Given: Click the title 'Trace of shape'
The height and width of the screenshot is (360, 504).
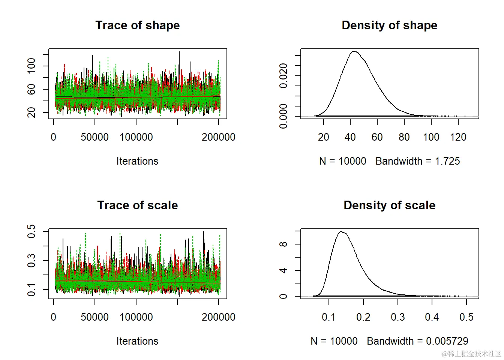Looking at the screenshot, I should coord(137,25).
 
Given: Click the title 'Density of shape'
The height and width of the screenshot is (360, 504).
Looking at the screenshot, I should coord(389,25).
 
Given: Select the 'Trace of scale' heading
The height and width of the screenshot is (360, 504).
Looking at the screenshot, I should coord(137,205).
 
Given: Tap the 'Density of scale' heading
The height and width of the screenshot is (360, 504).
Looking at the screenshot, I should coord(389,205).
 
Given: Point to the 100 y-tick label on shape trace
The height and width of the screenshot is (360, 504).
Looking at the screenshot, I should coord(31,66).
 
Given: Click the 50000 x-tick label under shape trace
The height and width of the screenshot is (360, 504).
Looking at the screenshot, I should coord(94,137).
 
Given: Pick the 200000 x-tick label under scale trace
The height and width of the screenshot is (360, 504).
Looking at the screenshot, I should coord(218,317).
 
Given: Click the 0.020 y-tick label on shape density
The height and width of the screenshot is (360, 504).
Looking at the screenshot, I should coord(283,76).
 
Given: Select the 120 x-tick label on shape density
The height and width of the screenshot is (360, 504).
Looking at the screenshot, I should coord(458,137).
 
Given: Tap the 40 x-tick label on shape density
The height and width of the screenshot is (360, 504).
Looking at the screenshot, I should coord(350,137).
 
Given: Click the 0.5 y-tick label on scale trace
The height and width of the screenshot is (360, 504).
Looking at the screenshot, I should coord(31,231).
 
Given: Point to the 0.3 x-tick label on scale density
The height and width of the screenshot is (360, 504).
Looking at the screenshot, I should coord(397,317).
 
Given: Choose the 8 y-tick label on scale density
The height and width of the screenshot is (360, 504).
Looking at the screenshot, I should coord(283,244).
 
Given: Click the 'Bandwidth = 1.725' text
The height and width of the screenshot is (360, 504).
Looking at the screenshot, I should coord(418,161).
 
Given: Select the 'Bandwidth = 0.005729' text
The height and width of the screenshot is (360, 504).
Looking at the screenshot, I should coord(418,341).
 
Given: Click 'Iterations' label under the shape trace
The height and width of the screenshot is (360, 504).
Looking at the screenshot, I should coord(137,161).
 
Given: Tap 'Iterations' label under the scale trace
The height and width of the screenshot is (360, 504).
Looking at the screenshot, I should coord(137,341).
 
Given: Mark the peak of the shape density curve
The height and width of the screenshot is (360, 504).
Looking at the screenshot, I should coord(354,51).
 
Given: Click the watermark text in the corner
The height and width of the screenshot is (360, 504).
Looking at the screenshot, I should coord(471,354).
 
